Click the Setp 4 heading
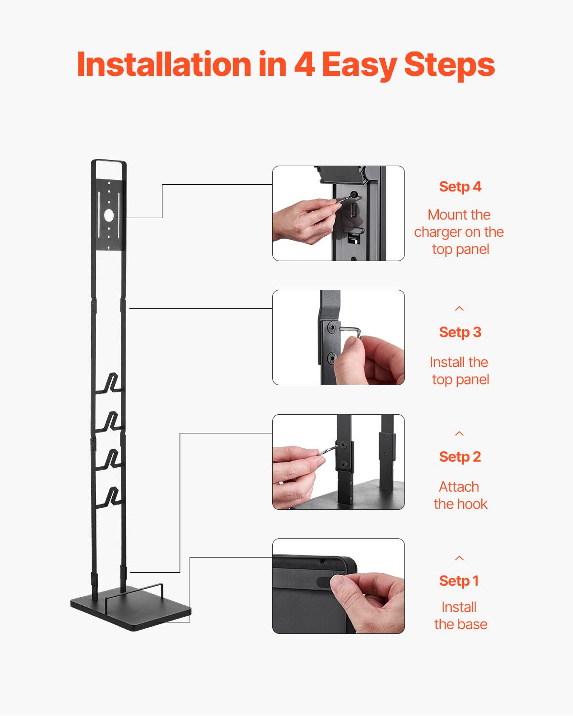460,187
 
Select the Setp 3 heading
460,332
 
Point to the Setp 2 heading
460,457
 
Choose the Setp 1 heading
458,581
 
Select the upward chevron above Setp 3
459,309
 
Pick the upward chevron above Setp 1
459,558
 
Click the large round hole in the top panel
109,215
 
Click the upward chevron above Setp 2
459,433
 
